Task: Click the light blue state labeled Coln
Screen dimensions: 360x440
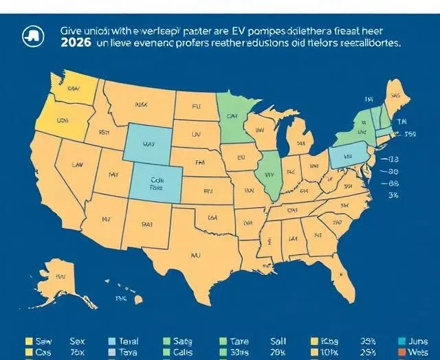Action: point(157,183)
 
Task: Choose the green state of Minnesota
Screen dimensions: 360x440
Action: point(234,113)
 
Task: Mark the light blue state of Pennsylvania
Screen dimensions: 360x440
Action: point(346,155)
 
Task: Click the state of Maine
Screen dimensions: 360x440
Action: point(394,96)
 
